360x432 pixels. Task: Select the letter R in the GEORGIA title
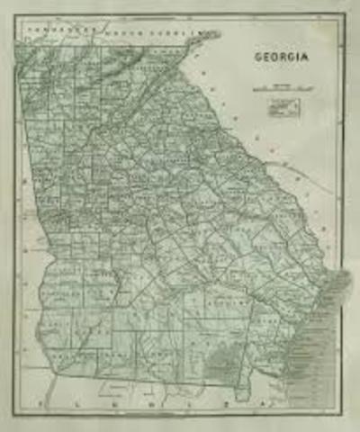tap(283, 57)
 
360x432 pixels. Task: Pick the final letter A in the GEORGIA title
tap(305, 57)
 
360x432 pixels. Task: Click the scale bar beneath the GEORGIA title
tap(283, 88)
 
